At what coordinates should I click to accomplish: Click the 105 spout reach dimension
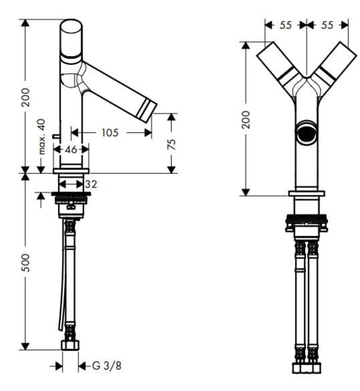click(111, 132)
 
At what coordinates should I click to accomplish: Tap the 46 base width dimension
click(70, 149)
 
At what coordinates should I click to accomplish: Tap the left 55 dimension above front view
click(285, 25)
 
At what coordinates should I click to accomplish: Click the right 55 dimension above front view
click(328, 25)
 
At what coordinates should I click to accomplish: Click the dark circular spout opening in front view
click(306, 132)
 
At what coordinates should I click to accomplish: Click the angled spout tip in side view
click(148, 109)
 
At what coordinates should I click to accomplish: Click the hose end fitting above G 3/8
click(70, 344)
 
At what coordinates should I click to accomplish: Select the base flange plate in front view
click(306, 194)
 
